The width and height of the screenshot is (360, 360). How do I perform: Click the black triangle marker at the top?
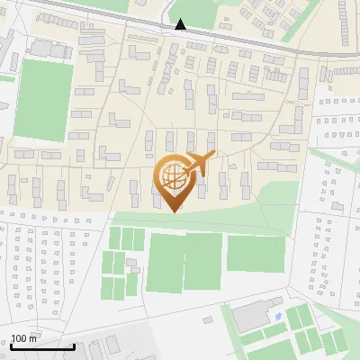coord(181,24)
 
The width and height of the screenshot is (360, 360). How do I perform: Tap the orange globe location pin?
coord(173,181)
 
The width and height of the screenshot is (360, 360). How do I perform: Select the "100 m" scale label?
coord(23,338)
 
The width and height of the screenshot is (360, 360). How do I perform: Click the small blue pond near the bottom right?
coord(277,317)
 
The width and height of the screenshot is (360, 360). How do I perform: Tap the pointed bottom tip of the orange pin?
coord(173,211)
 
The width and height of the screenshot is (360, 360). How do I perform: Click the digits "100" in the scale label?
coord(19,338)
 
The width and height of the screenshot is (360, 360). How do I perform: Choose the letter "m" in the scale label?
coord(32,338)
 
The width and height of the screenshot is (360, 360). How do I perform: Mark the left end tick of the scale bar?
coord(12,345)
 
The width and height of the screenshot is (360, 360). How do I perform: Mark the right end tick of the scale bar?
coord(74,345)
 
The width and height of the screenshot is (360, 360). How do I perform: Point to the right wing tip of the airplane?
coord(213,154)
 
